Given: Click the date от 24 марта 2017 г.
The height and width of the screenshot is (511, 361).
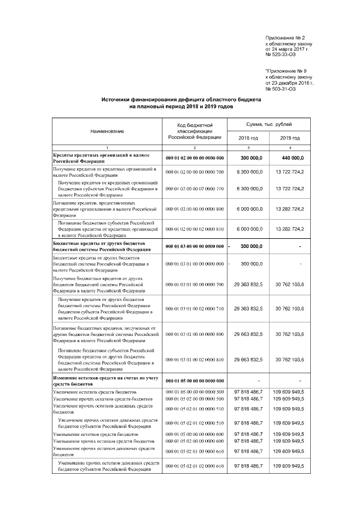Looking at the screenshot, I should coord(288,49).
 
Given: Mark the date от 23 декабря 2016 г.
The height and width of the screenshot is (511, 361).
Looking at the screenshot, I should coord(289,83).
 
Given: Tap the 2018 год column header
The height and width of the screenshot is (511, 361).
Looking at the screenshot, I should coord(248,138).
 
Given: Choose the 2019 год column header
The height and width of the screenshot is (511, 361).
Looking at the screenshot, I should coord(289,138).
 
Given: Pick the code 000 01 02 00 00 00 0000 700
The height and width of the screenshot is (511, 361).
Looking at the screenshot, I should coord(195,172).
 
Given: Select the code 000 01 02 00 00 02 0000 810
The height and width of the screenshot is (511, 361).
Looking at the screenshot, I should coord(195,229).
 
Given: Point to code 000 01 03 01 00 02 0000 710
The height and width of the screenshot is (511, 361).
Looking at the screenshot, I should coord(195,309).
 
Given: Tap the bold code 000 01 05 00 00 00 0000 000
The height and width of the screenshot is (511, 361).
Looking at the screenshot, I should coord(195,381).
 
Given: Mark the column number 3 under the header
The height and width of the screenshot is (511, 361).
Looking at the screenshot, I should coord(248,147).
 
